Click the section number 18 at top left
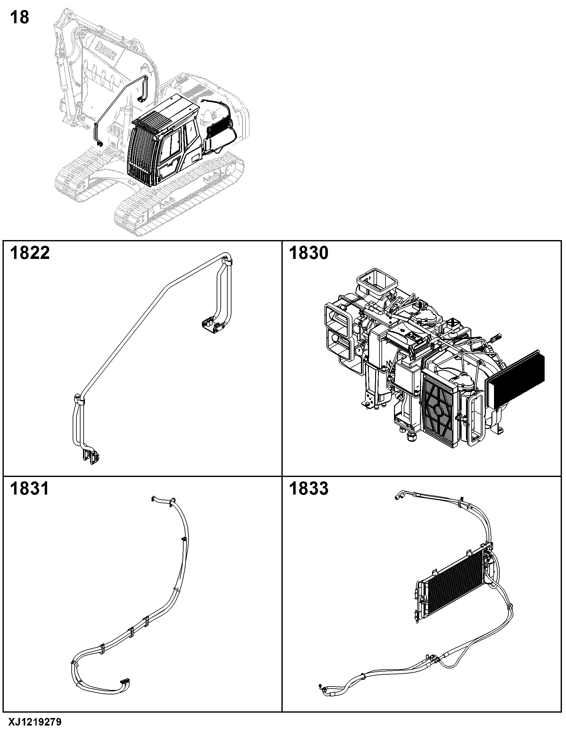point(20,18)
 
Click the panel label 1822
point(30,253)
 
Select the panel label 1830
point(308,253)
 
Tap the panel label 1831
point(30,488)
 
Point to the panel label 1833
point(308,488)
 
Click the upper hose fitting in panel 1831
point(155,499)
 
